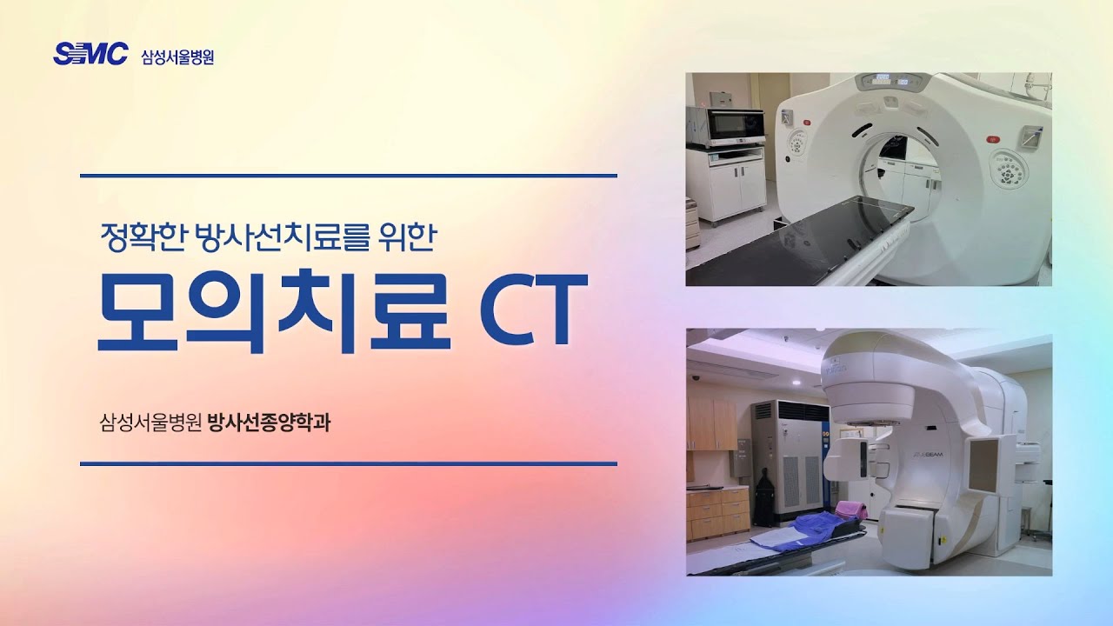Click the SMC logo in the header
tap(90, 54)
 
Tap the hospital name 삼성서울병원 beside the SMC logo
tap(177, 57)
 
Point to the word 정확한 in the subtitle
tap(143, 236)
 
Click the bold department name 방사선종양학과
tap(270, 425)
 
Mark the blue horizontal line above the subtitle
tap(348, 176)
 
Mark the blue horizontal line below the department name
tap(348, 463)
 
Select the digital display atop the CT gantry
tap(892, 82)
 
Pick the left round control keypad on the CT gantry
tap(797, 143)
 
